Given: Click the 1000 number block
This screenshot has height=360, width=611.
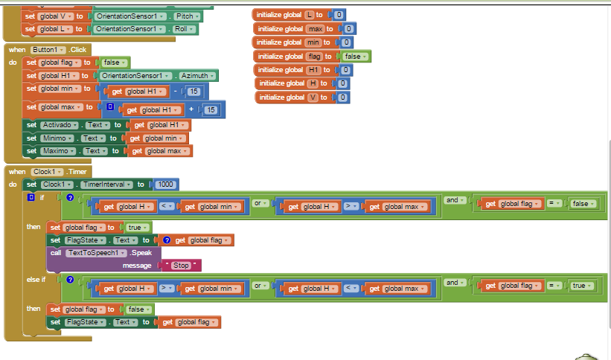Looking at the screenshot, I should tap(165, 184).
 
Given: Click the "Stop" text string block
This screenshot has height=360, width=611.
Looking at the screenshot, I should tap(181, 265).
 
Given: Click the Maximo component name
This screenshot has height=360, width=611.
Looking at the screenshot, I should tap(60, 151).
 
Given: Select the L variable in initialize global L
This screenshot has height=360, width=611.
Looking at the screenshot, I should tap(310, 15).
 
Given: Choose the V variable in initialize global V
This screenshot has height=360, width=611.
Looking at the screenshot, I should tap(313, 97).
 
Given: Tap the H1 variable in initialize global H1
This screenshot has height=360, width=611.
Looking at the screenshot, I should tap(314, 70).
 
